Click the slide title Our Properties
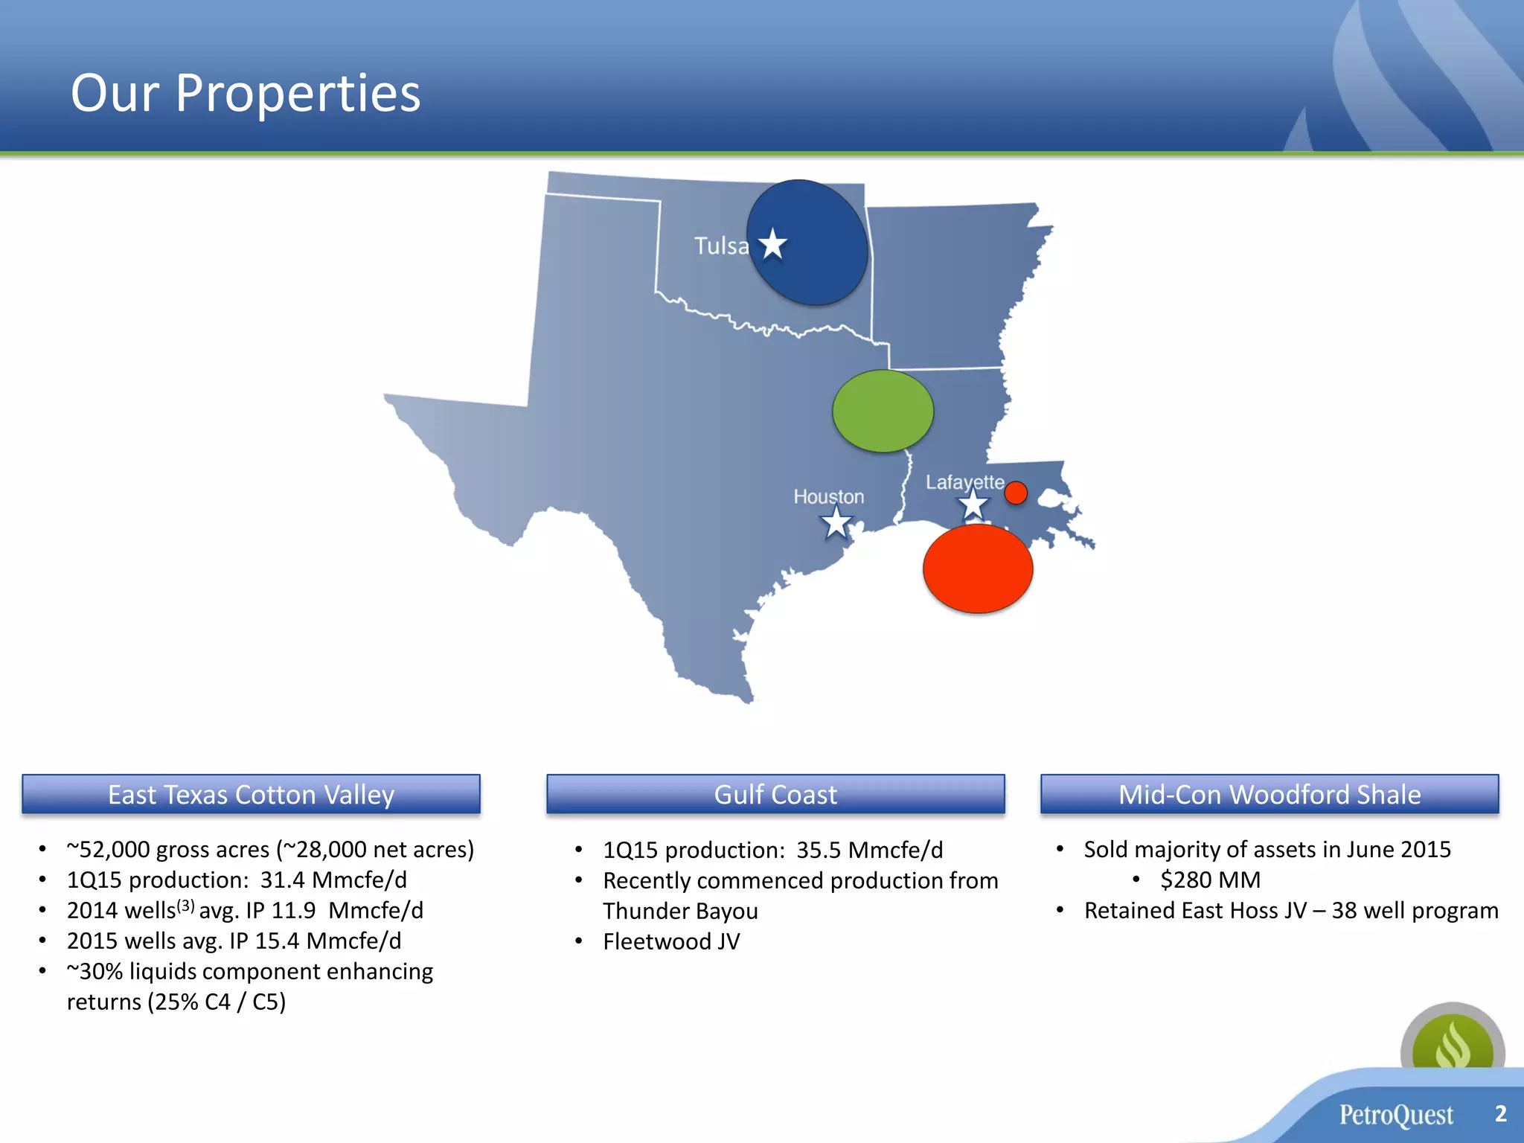[x=246, y=94]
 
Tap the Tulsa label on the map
[x=720, y=246]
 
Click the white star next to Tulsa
[x=773, y=244]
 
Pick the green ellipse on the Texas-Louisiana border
[x=883, y=411]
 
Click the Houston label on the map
[x=828, y=496]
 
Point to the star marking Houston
[x=836, y=522]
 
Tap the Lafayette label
[x=964, y=482]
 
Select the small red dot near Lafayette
[x=1016, y=493]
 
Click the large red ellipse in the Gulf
[x=978, y=569]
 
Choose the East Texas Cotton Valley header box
[x=251, y=794]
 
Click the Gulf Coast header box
[x=775, y=794]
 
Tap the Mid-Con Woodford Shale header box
[x=1270, y=794]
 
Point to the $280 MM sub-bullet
[x=1210, y=880]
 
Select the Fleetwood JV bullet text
[x=671, y=941]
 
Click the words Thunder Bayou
[x=680, y=911]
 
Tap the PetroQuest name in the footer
[x=1396, y=1115]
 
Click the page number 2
[x=1500, y=1113]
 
